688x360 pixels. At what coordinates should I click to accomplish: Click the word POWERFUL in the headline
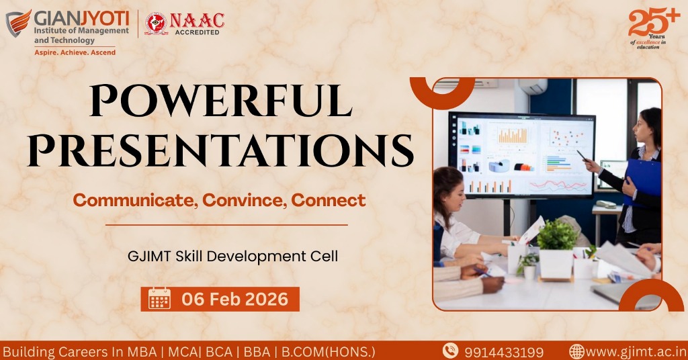point(220,101)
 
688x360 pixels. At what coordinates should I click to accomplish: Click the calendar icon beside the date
point(159,299)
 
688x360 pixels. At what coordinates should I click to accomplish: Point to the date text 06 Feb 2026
point(234,299)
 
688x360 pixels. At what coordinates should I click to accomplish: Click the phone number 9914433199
point(504,352)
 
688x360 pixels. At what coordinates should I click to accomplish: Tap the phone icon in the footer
point(450,351)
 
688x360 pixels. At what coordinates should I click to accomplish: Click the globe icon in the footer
point(576,351)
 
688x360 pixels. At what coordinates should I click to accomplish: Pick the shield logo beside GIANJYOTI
point(18,24)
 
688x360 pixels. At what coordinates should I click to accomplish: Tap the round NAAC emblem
point(156,24)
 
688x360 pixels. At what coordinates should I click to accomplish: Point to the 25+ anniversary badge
point(654,28)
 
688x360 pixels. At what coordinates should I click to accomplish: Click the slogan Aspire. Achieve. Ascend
point(75,52)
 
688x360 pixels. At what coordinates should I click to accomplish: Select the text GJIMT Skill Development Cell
point(232,256)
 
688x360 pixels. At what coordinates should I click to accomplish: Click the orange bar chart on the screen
point(512,135)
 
